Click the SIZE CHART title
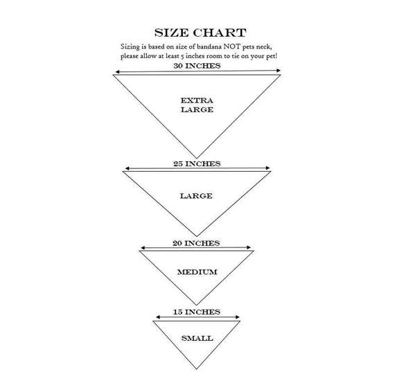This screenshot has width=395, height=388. pos(200,33)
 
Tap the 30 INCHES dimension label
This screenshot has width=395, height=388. pos(197,66)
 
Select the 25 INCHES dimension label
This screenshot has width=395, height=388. pos(197,164)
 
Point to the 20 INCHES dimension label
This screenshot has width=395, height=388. pos(196,243)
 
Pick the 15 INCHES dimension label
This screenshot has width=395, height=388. pos(197,312)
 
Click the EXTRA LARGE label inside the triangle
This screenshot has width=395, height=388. pos(197,105)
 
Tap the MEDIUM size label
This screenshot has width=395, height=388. pos(197,272)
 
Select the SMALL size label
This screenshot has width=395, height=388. pos(197,338)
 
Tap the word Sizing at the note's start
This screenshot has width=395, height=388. pos(130,47)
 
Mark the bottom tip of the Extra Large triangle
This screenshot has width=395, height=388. pos(197,158)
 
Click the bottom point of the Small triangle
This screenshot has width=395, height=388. pos(197,369)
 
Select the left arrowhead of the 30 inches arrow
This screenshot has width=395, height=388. pos(117,72)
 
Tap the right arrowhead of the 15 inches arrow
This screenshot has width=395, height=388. pos(237,317)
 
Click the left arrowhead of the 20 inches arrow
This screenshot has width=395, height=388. pos(143,247)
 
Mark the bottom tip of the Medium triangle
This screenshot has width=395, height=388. pos(197,305)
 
